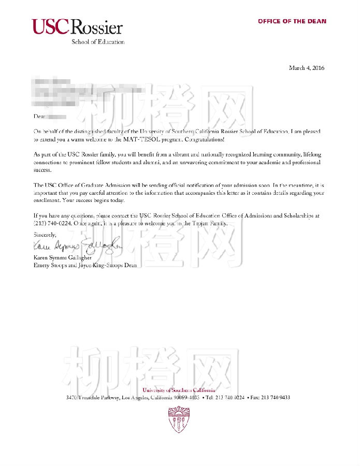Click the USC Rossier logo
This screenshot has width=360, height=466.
tap(77, 27)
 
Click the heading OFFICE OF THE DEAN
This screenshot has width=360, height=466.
tap(292, 21)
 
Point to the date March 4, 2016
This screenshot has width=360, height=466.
tap(307, 68)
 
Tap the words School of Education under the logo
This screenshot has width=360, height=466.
tap(98, 42)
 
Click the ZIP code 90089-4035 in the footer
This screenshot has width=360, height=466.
tap(186, 398)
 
